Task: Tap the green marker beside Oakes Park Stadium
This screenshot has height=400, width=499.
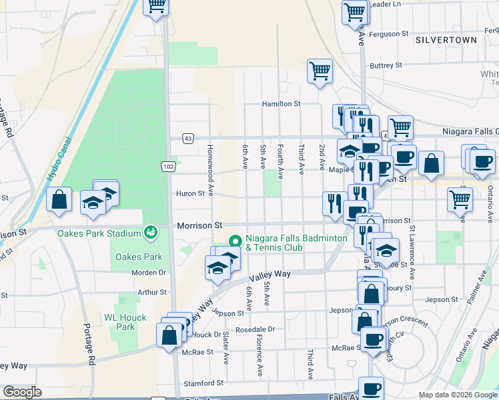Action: (x=151, y=232)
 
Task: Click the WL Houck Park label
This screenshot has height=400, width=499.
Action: (x=119, y=322)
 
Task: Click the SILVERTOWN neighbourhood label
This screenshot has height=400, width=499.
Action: (x=446, y=40)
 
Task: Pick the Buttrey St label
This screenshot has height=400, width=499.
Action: (x=386, y=65)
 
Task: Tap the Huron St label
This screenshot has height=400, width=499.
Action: (x=189, y=194)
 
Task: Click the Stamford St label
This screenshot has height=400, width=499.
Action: (x=205, y=383)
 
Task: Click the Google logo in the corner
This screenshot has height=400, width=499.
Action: (x=23, y=392)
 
